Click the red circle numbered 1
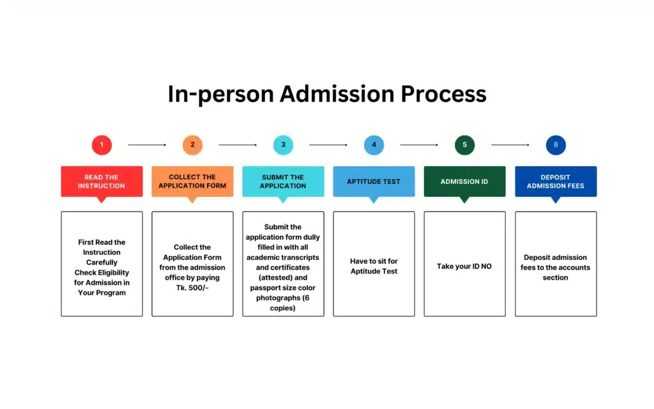point(102,145)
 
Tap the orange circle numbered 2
point(192,145)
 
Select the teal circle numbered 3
point(283,145)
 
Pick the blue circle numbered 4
point(374,145)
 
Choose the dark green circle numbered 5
point(464,145)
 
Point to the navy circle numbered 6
point(556,145)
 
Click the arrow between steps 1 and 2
point(147,145)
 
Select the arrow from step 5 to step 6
point(510,145)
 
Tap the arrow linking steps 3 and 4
point(328,145)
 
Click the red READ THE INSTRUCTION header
point(102,181)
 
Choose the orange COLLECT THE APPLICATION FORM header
point(192,181)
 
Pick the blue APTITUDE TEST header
point(374,181)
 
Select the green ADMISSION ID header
point(464,181)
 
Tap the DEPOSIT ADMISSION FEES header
point(556,181)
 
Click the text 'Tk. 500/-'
point(192,288)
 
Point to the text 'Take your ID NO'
point(464,266)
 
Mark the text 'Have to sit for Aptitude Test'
point(374,266)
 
